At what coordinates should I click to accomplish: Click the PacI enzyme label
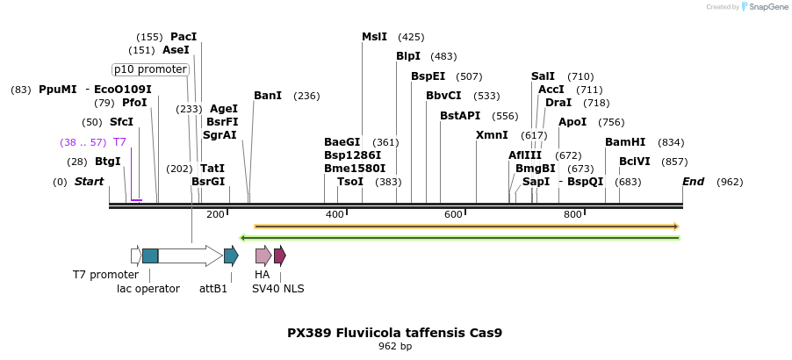[184, 37]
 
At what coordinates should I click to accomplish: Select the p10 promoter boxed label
[151, 69]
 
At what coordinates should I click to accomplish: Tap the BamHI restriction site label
[625, 142]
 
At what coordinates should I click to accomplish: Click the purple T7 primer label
[120, 142]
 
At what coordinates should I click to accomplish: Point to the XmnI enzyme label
[492, 135]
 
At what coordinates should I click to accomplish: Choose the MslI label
[374, 37]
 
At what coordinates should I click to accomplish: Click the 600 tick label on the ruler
[453, 215]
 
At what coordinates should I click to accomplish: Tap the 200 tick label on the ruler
[215, 215]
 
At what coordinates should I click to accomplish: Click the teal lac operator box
[150, 256]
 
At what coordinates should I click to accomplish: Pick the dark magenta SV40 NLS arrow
[279, 256]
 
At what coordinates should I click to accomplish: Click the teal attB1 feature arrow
[231, 256]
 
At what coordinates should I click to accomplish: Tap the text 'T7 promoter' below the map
[105, 275]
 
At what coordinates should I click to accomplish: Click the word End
[693, 182]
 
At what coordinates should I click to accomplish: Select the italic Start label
[89, 182]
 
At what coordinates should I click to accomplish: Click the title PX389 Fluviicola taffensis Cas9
[395, 334]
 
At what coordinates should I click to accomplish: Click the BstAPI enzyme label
[460, 116]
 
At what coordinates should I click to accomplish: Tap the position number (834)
[671, 142]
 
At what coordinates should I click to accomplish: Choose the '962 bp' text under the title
[395, 347]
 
